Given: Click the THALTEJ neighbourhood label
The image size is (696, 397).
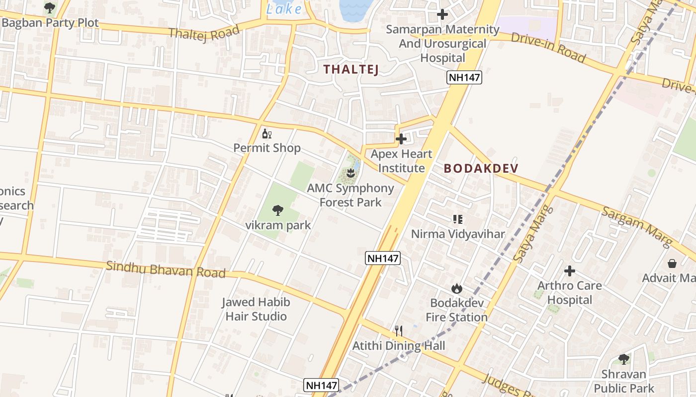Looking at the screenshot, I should coord(351,69).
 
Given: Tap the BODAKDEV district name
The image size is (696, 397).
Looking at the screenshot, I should coord(481,168).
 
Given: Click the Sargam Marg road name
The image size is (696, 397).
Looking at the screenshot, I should coord(637,226).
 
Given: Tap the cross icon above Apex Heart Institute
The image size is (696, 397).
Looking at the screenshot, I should coord(401,139).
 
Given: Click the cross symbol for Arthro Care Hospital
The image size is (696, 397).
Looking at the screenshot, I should coord(570,271).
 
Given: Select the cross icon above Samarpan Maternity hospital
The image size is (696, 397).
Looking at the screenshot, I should coord(442,14).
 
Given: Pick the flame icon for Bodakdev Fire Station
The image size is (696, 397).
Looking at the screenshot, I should coord(456,288).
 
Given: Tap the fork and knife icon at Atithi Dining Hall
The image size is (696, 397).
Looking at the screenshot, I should coord(399,331).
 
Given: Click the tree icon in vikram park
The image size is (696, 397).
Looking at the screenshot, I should coord(278,210).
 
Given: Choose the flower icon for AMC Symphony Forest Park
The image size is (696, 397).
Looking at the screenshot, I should coord(350,173).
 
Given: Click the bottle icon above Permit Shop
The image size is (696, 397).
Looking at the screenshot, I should coord(267,134).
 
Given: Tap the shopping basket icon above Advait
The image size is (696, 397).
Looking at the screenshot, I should coord(672,263).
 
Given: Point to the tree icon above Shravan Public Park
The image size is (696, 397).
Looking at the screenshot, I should coord(624,359).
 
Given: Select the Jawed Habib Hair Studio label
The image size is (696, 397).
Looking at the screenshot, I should coord(256,309).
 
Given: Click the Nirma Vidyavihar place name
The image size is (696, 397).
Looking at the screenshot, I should coord(457,234).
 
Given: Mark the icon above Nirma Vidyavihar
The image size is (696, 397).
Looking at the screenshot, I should coord(458,219).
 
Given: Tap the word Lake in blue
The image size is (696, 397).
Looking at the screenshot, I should coord(284,9).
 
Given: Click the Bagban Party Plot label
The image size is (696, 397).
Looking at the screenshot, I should coord(50,23).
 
